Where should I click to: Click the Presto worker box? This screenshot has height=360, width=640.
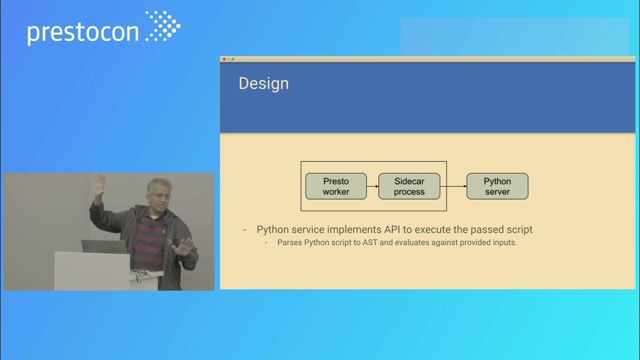pyautogui.click(x=335, y=186)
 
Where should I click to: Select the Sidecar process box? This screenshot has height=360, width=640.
pyautogui.click(x=409, y=186)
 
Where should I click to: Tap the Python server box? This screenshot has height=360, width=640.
pyautogui.click(x=497, y=186)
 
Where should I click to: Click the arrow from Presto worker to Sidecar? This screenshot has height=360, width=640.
pyautogui.click(x=372, y=186)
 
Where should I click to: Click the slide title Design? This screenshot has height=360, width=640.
pyautogui.click(x=263, y=83)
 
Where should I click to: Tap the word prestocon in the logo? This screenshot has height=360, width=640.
pyautogui.click(x=83, y=32)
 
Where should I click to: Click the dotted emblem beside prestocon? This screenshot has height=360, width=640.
pyautogui.click(x=163, y=26)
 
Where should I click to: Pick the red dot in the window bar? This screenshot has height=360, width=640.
pyautogui.click(x=224, y=59)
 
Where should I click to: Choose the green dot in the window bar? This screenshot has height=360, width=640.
pyautogui.click(x=233, y=59)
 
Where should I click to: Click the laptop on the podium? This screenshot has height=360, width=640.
pyautogui.click(x=104, y=246)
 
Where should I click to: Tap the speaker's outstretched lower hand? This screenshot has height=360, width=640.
pyautogui.click(x=182, y=246)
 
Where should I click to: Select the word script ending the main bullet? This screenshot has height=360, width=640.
pyautogui.click(x=518, y=229)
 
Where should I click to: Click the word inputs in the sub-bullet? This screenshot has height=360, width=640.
pyautogui.click(x=503, y=242)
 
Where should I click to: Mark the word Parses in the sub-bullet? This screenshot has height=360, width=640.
pyautogui.click(x=289, y=242)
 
